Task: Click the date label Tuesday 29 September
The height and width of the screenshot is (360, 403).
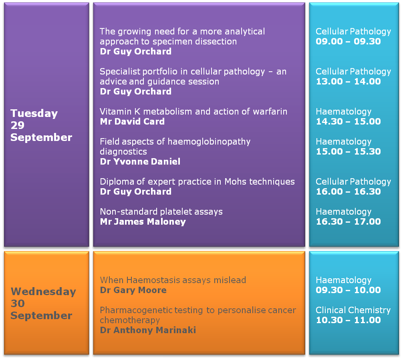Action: [x=41, y=125]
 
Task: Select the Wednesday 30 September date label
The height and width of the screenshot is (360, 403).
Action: [x=43, y=304]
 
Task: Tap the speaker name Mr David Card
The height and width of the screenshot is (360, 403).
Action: [x=132, y=121]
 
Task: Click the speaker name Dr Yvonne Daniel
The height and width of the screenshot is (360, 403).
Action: [x=140, y=161]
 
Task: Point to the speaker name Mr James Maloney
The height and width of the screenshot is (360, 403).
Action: [x=143, y=221]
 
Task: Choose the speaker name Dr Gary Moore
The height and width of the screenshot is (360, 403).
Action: [x=133, y=290]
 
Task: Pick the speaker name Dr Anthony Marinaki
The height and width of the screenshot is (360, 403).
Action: [x=148, y=330]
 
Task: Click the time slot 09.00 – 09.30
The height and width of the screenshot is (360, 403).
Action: [x=348, y=41]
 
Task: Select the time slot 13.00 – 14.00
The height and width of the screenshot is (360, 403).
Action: [x=348, y=81]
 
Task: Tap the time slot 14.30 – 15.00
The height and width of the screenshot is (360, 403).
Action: [x=348, y=121]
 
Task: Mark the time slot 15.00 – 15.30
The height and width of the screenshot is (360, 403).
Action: [x=348, y=151]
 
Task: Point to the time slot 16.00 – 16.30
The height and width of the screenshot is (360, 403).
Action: [x=348, y=191]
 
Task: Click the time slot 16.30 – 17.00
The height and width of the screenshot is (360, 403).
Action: [x=348, y=221]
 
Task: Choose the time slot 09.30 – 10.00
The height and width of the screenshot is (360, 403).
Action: [x=348, y=290]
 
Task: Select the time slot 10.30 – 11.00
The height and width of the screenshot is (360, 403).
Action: [x=348, y=320]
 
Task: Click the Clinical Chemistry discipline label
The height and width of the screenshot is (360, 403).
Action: [x=353, y=310]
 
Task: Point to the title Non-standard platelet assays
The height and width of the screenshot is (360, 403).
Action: [x=161, y=212]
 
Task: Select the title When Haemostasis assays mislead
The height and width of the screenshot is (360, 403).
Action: [x=173, y=280]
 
